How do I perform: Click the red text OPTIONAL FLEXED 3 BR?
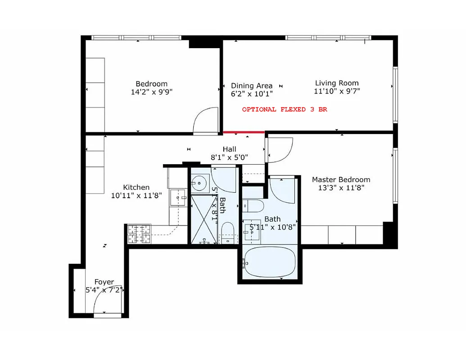(284, 109)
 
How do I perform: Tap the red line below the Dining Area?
(244, 132)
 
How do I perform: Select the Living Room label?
(337, 83)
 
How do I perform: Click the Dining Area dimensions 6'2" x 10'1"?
(251, 94)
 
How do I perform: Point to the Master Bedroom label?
(341, 180)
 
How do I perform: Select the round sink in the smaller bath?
(198, 183)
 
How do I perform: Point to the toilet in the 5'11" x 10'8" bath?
(255, 207)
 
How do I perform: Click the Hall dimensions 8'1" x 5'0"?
(230, 157)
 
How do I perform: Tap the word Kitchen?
(136, 187)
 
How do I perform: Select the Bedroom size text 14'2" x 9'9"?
(151, 92)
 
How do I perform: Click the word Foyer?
(104, 282)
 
